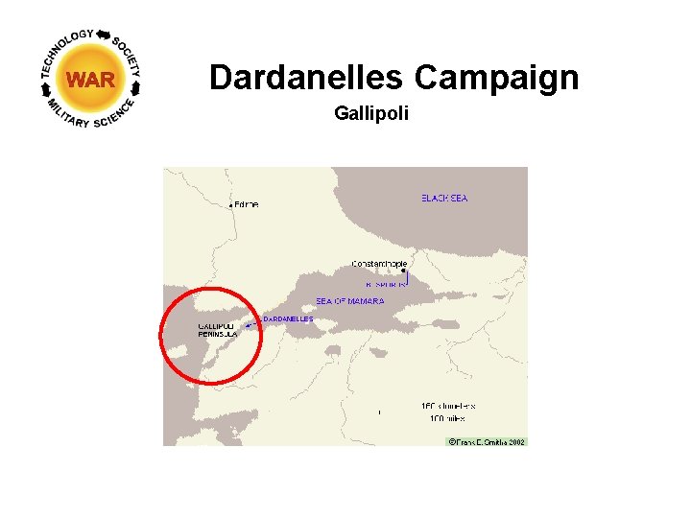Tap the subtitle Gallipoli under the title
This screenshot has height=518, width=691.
pyautogui.click(x=371, y=114)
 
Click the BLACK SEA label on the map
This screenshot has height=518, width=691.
pyautogui.click(x=444, y=199)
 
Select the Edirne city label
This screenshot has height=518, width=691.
pyautogui.click(x=247, y=204)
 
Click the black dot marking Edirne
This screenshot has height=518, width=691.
pyautogui.click(x=231, y=204)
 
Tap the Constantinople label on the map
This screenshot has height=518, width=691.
pyautogui.click(x=379, y=264)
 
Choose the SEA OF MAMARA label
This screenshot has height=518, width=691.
pyautogui.click(x=350, y=301)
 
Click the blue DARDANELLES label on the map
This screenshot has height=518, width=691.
pyautogui.click(x=288, y=318)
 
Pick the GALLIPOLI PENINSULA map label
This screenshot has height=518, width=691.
pyautogui.click(x=217, y=330)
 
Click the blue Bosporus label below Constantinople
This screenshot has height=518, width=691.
pyautogui.click(x=387, y=284)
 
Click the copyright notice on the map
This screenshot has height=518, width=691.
pyautogui.click(x=487, y=441)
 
